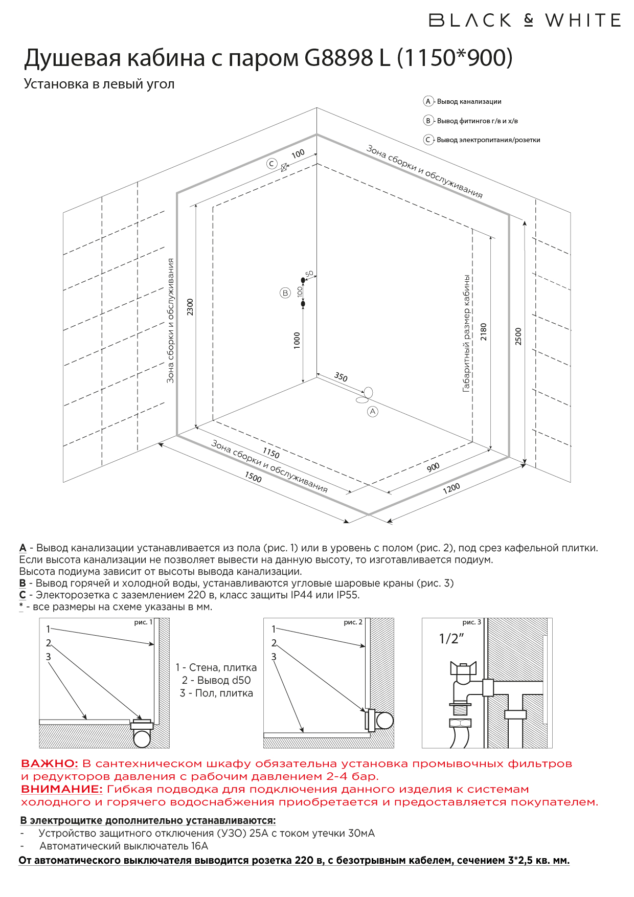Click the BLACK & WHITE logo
coord(525,20)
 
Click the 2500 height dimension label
coord(518,336)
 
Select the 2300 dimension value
coord(190,307)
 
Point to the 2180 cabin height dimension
coord(484,331)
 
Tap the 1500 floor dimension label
coord(253,477)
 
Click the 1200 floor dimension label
coord(451,488)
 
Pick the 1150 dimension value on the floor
coord(271,453)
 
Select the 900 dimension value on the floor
coord(433,467)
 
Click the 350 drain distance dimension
coord(341,377)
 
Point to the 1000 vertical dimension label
coord(297,340)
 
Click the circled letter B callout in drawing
coord(285,293)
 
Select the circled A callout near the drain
coord(373,411)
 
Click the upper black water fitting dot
coord(303,280)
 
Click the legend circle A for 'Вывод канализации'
coord(428,101)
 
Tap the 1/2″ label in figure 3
coord(451,638)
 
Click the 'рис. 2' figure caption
coord(353,622)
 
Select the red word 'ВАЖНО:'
coord(50,764)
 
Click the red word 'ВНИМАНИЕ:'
coord(62,789)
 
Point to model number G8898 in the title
coord(339,58)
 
